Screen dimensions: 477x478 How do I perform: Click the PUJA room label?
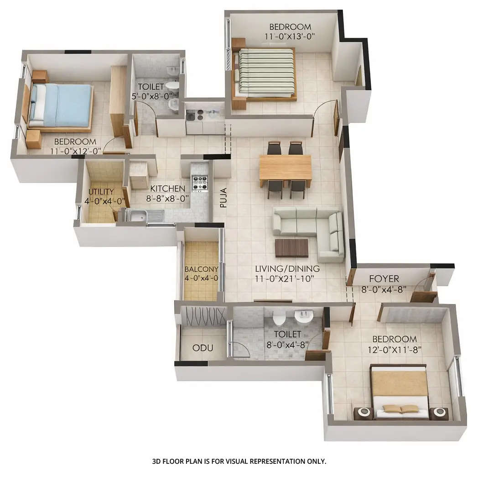(x=223, y=197)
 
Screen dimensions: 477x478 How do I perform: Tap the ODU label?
(x=203, y=348)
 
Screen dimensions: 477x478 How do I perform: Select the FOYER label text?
(x=384, y=278)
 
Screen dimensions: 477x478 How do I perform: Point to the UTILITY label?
(x=101, y=191)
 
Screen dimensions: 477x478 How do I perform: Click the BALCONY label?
(x=201, y=269)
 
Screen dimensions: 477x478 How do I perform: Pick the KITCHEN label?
(x=167, y=189)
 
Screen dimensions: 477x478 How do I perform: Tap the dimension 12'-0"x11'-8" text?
(x=394, y=350)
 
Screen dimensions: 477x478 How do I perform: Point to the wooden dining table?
(x=286, y=168)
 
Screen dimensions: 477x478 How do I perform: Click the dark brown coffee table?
(x=292, y=247)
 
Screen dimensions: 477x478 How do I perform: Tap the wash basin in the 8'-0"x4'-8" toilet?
(x=301, y=315)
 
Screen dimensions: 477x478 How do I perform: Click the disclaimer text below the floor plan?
(x=239, y=461)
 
